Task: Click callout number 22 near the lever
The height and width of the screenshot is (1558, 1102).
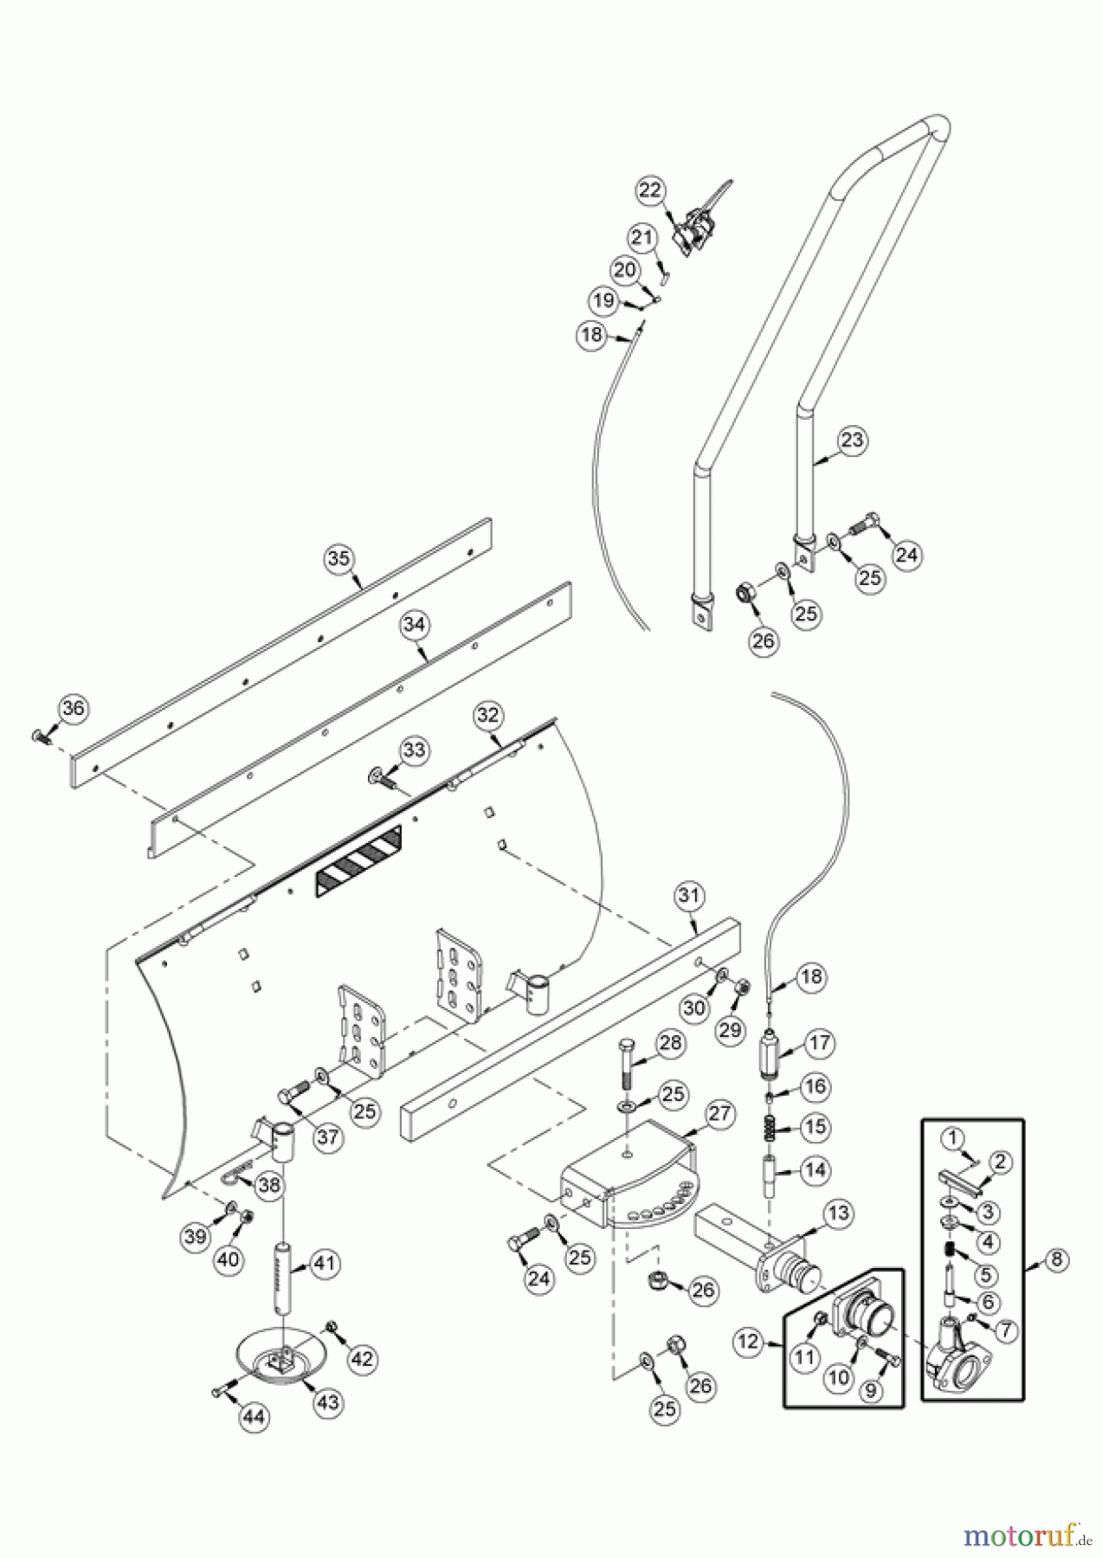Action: tap(651, 190)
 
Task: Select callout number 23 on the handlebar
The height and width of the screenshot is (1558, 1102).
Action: tap(853, 440)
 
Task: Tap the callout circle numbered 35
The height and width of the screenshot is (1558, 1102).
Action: tap(339, 558)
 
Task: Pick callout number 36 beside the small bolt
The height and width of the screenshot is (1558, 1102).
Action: tap(73, 709)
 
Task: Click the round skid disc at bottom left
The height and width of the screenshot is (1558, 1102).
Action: tap(280, 1364)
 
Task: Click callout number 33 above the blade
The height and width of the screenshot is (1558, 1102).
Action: tap(414, 750)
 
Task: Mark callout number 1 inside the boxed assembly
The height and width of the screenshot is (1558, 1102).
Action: tap(952, 1136)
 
